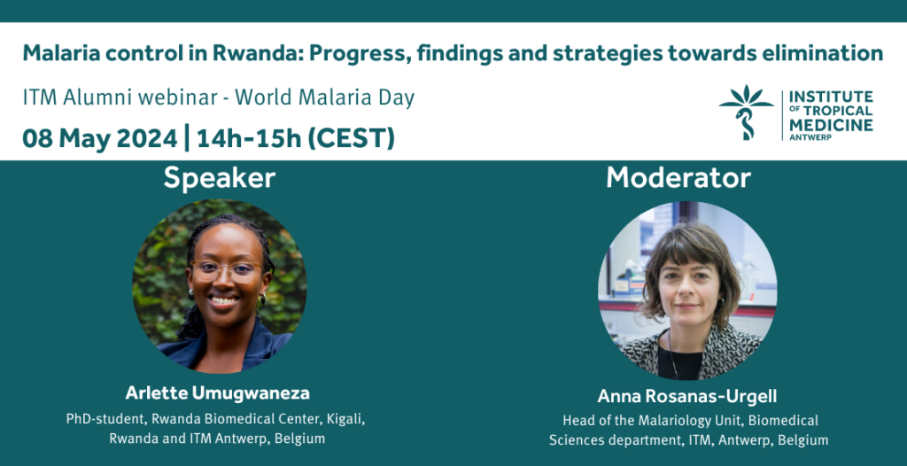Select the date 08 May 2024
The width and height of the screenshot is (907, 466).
(x=99, y=139)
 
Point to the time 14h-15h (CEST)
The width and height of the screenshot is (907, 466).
(x=296, y=139)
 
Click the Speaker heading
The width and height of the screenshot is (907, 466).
(x=220, y=178)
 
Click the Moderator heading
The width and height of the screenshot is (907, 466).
(x=678, y=178)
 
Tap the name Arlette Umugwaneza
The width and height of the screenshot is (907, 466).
(x=218, y=393)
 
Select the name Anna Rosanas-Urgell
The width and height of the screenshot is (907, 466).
(x=686, y=397)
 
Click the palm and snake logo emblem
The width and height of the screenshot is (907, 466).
(x=746, y=113)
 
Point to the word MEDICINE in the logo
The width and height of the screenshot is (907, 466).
(x=831, y=125)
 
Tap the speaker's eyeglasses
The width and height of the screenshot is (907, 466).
(x=226, y=271)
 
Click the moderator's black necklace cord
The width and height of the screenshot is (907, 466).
(x=671, y=353)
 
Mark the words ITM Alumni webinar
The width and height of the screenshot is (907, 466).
(x=120, y=97)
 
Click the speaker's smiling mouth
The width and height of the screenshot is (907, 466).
(x=224, y=300)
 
